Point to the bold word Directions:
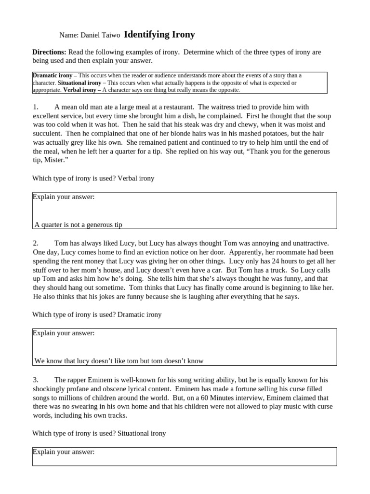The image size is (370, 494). pyautogui.click(x=49, y=52)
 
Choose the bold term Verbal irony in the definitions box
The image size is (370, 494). pyautogui.click(x=82, y=90)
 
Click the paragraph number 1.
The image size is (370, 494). pyautogui.click(x=35, y=107)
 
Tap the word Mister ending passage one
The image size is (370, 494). pyautogui.click(x=54, y=160)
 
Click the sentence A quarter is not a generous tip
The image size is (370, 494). pyautogui.click(x=82, y=225)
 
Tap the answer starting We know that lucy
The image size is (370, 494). pyautogui.click(x=119, y=361)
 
